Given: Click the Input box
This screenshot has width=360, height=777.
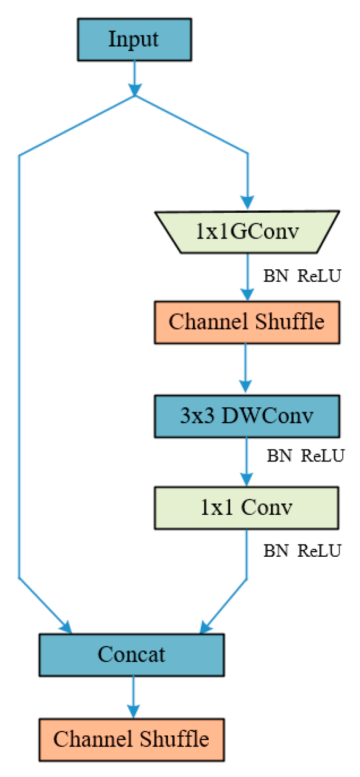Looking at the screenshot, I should tap(134, 40).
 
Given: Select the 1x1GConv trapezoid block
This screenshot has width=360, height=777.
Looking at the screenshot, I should tap(247, 232).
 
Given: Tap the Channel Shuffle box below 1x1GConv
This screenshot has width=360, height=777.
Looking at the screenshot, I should tap(247, 322).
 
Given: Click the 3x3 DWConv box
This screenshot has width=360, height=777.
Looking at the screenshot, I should tap(247, 416).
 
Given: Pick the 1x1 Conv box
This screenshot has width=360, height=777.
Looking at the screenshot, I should tap(247, 508).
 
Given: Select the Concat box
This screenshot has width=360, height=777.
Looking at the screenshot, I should tap(131, 655).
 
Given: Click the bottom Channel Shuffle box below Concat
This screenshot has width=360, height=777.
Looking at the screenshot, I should tap(131, 740).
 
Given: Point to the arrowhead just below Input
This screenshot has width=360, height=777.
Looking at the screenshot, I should tap(134, 89).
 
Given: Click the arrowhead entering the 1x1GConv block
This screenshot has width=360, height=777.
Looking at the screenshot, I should tap(247, 203).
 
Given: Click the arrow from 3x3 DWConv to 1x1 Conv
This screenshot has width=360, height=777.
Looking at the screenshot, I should tap(247, 462).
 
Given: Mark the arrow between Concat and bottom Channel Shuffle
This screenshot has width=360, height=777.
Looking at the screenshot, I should tap(133, 698).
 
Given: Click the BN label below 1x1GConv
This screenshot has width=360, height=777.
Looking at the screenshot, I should tap(275, 276).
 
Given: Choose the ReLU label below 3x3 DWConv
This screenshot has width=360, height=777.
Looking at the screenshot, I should tap(323, 455).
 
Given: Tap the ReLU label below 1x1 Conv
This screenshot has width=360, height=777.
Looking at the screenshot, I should tap(319, 551).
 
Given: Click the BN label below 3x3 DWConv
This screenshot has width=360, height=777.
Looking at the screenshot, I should tap(279, 455).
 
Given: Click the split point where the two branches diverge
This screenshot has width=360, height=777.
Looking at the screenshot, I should tap(134, 97).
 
